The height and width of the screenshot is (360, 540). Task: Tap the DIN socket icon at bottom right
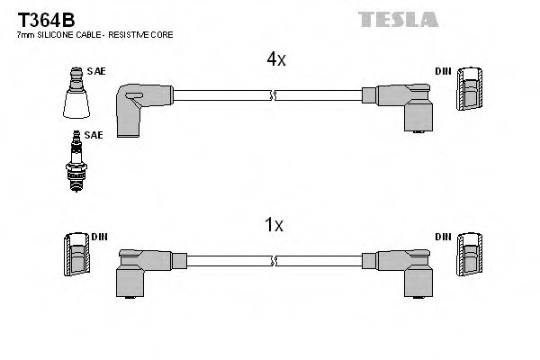click(x=469, y=256)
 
